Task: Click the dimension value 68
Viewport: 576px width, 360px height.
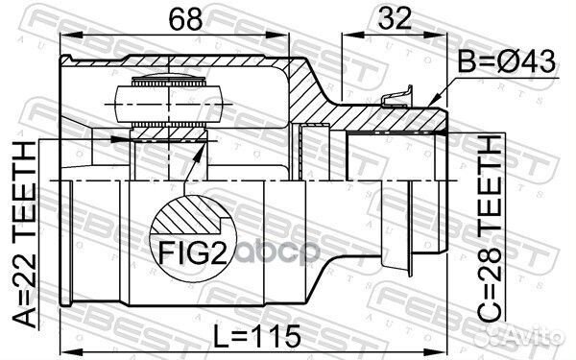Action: coord(185,19)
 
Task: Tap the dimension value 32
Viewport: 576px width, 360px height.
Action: coord(395,18)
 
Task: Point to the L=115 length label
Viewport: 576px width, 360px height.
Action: coord(257,337)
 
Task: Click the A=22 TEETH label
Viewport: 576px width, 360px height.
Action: coord(25,233)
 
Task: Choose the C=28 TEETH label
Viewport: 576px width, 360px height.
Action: coord(490,228)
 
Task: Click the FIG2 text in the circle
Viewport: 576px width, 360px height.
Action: coord(193,253)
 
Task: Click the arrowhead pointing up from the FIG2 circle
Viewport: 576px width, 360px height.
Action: coord(198,155)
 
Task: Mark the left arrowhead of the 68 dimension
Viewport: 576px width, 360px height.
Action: coord(71,36)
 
